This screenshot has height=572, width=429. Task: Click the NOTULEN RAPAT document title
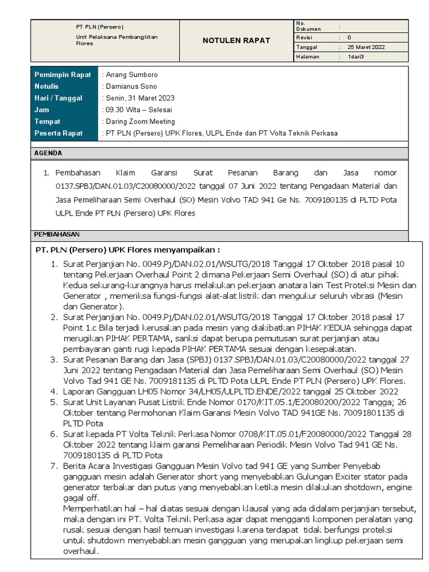236,40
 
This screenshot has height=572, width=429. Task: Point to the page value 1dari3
356,57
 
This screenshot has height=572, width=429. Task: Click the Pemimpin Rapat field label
63,75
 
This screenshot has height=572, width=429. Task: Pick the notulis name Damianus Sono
131,87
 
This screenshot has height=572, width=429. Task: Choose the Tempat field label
47,121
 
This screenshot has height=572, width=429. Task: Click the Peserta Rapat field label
59,133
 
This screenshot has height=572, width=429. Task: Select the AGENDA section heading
48,153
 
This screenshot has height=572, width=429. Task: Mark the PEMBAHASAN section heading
57,235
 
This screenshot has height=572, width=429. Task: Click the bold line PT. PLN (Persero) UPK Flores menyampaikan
128,250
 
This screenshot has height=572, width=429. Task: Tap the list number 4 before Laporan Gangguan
54,391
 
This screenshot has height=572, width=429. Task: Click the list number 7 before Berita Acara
54,466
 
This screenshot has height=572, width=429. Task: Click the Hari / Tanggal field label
59,98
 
